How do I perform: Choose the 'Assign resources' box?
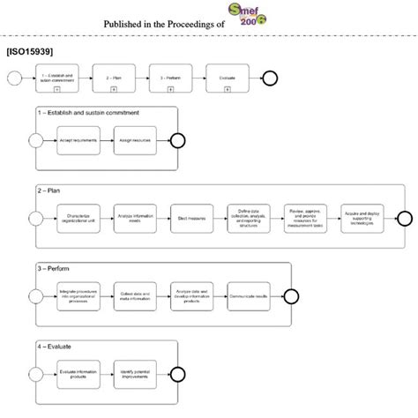132,139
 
